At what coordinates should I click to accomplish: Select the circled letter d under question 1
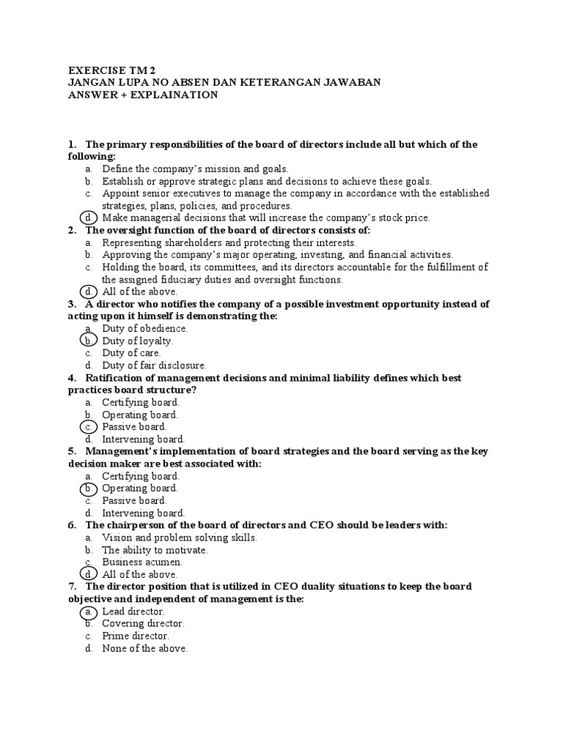click(x=88, y=218)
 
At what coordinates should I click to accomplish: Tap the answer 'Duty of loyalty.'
click(x=138, y=341)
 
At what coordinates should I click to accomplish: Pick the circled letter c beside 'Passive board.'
click(x=88, y=427)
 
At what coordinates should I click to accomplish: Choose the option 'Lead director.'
click(x=133, y=611)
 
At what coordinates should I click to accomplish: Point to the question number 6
click(x=72, y=525)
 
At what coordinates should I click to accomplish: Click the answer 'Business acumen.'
click(x=142, y=562)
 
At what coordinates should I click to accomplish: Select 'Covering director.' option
click(x=143, y=623)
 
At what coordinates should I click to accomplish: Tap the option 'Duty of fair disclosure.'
click(x=154, y=365)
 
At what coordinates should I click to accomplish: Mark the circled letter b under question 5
click(x=88, y=489)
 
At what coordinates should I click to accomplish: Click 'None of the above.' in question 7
click(x=145, y=648)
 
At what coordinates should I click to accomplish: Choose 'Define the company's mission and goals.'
click(x=195, y=168)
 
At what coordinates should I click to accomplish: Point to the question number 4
click(x=72, y=378)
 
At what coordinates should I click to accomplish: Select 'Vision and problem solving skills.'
click(x=180, y=538)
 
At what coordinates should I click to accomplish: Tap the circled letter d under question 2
click(x=88, y=292)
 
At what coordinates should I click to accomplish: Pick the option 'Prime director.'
click(x=136, y=636)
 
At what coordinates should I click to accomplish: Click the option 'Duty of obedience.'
click(x=145, y=328)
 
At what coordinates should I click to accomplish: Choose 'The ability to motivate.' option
click(x=155, y=550)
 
